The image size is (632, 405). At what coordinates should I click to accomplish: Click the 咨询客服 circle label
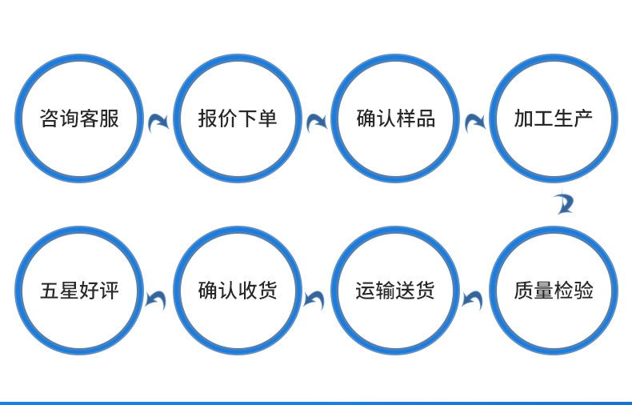[x=79, y=119]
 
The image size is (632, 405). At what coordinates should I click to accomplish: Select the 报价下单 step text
[x=237, y=119]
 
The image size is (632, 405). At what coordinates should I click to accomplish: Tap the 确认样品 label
[x=395, y=119]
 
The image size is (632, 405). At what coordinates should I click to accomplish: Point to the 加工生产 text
[x=553, y=119]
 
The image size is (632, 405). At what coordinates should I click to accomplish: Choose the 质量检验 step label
[x=553, y=290]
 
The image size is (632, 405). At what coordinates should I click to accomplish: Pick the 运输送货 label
[x=395, y=290]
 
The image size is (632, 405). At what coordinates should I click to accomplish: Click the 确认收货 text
[x=237, y=290]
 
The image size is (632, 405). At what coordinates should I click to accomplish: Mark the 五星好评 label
[x=79, y=290]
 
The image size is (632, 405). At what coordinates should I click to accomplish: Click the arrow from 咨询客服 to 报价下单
[x=158, y=122]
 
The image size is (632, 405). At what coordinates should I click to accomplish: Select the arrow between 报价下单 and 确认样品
[x=317, y=122]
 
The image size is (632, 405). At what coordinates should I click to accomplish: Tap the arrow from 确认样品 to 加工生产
[x=475, y=122]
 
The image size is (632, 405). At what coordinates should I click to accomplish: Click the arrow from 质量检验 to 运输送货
[x=473, y=299]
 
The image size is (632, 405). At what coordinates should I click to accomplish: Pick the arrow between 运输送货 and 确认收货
[x=314, y=299]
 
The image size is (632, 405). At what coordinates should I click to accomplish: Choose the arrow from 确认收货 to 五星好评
[x=156, y=299]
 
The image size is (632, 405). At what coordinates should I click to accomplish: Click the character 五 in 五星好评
[x=50, y=290]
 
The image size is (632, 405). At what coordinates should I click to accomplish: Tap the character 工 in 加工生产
[x=543, y=119]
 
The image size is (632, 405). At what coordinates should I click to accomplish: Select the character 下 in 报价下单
[x=247, y=119]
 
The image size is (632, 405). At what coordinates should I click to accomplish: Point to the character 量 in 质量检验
[x=543, y=290]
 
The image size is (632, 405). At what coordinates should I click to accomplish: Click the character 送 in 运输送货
[x=405, y=290]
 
